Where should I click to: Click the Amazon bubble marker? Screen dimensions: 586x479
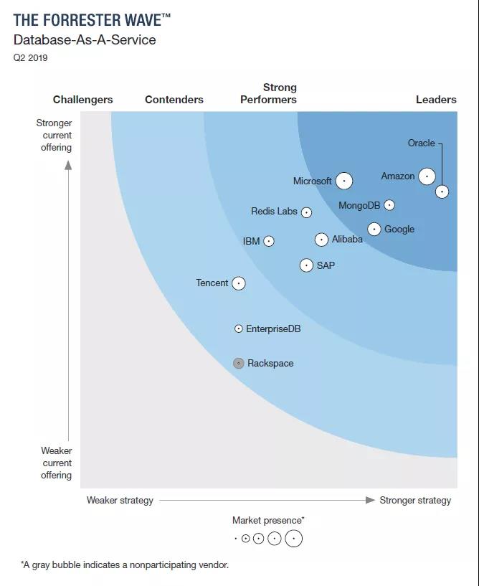click(x=427, y=176)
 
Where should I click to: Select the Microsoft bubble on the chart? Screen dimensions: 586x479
click(x=344, y=181)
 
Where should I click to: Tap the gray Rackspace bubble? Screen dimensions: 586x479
click(x=239, y=363)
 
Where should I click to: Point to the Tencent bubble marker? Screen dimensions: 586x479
click(x=239, y=283)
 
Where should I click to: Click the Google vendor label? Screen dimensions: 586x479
click(x=399, y=230)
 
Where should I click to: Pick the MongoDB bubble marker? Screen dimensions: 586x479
click(x=389, y=205)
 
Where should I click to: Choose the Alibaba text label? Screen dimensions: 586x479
click(x=347, y=240)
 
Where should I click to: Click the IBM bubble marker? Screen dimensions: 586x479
click(x=269, y=242)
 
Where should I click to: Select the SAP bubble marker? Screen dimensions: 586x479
click(x=306, y=265)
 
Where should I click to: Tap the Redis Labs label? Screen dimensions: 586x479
click(x=274, y=212)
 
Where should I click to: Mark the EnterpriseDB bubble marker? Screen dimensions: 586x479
click(x=239, y=329)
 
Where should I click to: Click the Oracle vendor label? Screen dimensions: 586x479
click(x=422, y=143)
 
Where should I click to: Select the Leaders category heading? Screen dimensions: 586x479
click(x=436, y=100)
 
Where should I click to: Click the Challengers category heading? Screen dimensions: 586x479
click(x=83, y=100)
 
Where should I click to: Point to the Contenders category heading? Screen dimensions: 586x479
click(x=174, y=100)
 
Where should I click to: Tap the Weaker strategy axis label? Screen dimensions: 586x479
click(x=120, y=501)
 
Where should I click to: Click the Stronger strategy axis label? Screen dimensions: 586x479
click(x=415, y=501)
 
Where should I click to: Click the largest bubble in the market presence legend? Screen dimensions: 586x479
click(x=293, y=539)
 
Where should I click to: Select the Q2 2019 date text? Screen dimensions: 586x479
click(x=30, y=58)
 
